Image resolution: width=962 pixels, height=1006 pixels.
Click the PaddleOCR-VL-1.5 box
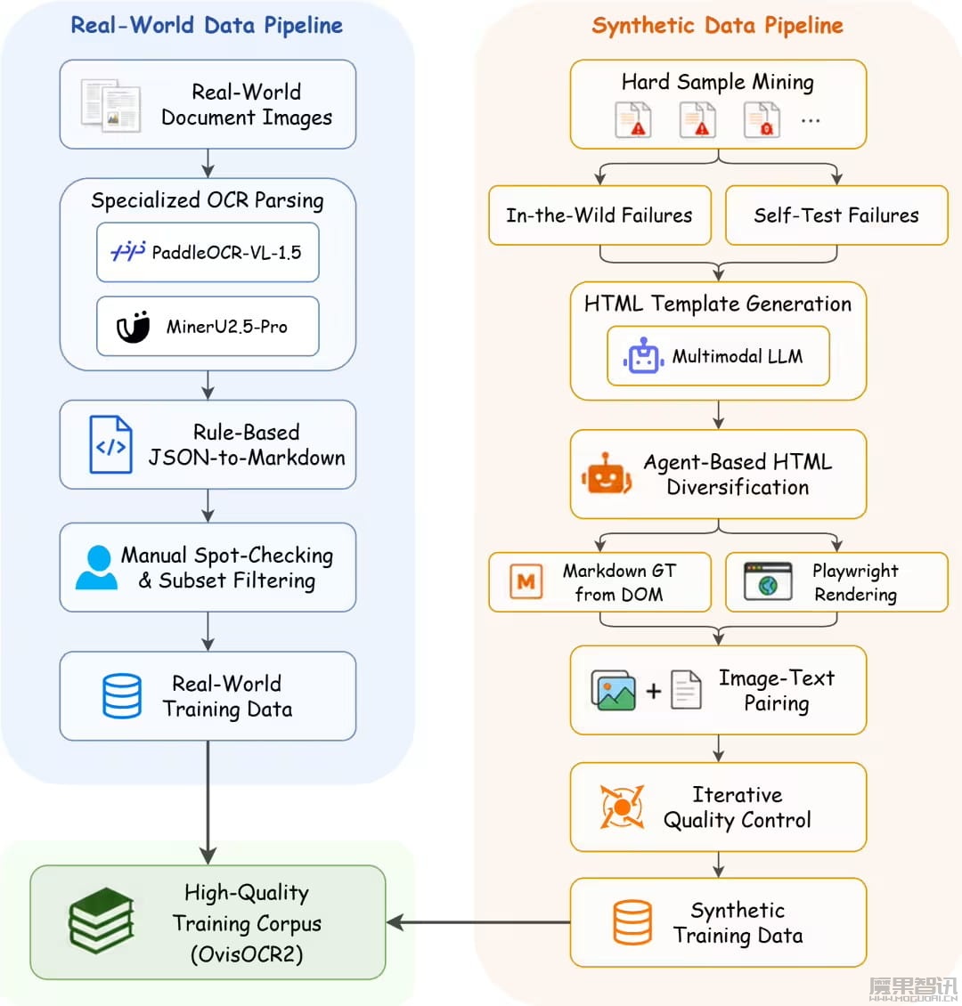208,252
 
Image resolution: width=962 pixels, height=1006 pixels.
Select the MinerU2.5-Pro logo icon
133,327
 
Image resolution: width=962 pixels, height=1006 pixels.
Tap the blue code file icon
111,444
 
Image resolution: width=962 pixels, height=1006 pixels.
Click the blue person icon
97,567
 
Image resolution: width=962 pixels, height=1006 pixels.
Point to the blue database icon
122,695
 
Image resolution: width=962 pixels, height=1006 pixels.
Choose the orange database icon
632,922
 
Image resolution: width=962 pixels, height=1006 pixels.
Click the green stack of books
102,921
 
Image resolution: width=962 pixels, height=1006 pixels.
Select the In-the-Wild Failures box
599,215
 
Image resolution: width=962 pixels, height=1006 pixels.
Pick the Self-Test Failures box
836,215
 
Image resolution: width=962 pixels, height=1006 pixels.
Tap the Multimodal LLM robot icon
643,356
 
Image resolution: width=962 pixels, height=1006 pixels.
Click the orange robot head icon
606,475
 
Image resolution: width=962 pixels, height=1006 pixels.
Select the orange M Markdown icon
526,581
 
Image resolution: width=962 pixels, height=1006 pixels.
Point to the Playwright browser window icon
768,581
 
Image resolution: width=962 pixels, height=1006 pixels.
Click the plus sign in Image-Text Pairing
653,690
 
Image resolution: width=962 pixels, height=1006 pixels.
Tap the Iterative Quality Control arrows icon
621,807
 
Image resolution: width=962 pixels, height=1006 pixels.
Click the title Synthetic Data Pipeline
717,26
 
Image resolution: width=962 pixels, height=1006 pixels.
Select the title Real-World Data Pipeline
207,26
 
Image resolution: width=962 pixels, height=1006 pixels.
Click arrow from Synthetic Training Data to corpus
478,922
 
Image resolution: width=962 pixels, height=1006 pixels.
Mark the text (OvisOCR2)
247,954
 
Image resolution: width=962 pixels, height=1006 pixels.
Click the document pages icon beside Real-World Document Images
110,105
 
